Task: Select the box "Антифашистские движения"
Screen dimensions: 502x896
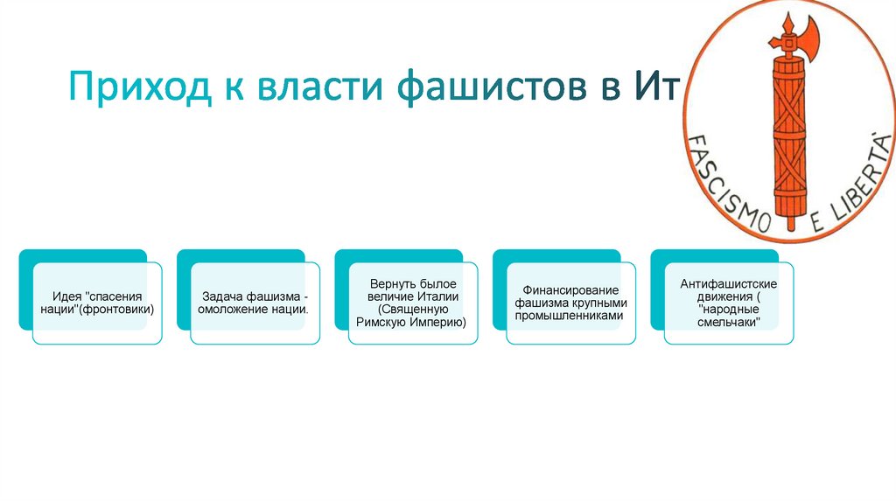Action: tap(728, 303)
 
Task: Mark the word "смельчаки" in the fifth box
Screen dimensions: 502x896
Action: tap(728, 323)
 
